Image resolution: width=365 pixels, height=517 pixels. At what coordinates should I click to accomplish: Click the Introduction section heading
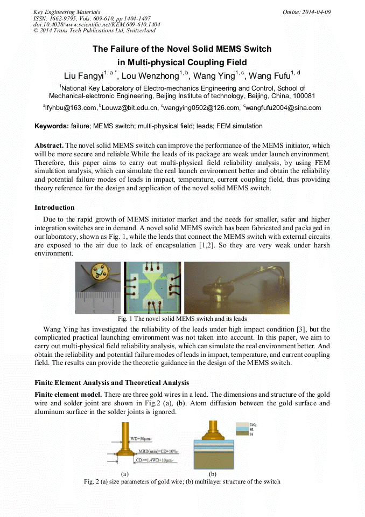[54, 208]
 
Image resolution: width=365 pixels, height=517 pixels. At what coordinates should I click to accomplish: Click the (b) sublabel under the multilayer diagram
[213, 473]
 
